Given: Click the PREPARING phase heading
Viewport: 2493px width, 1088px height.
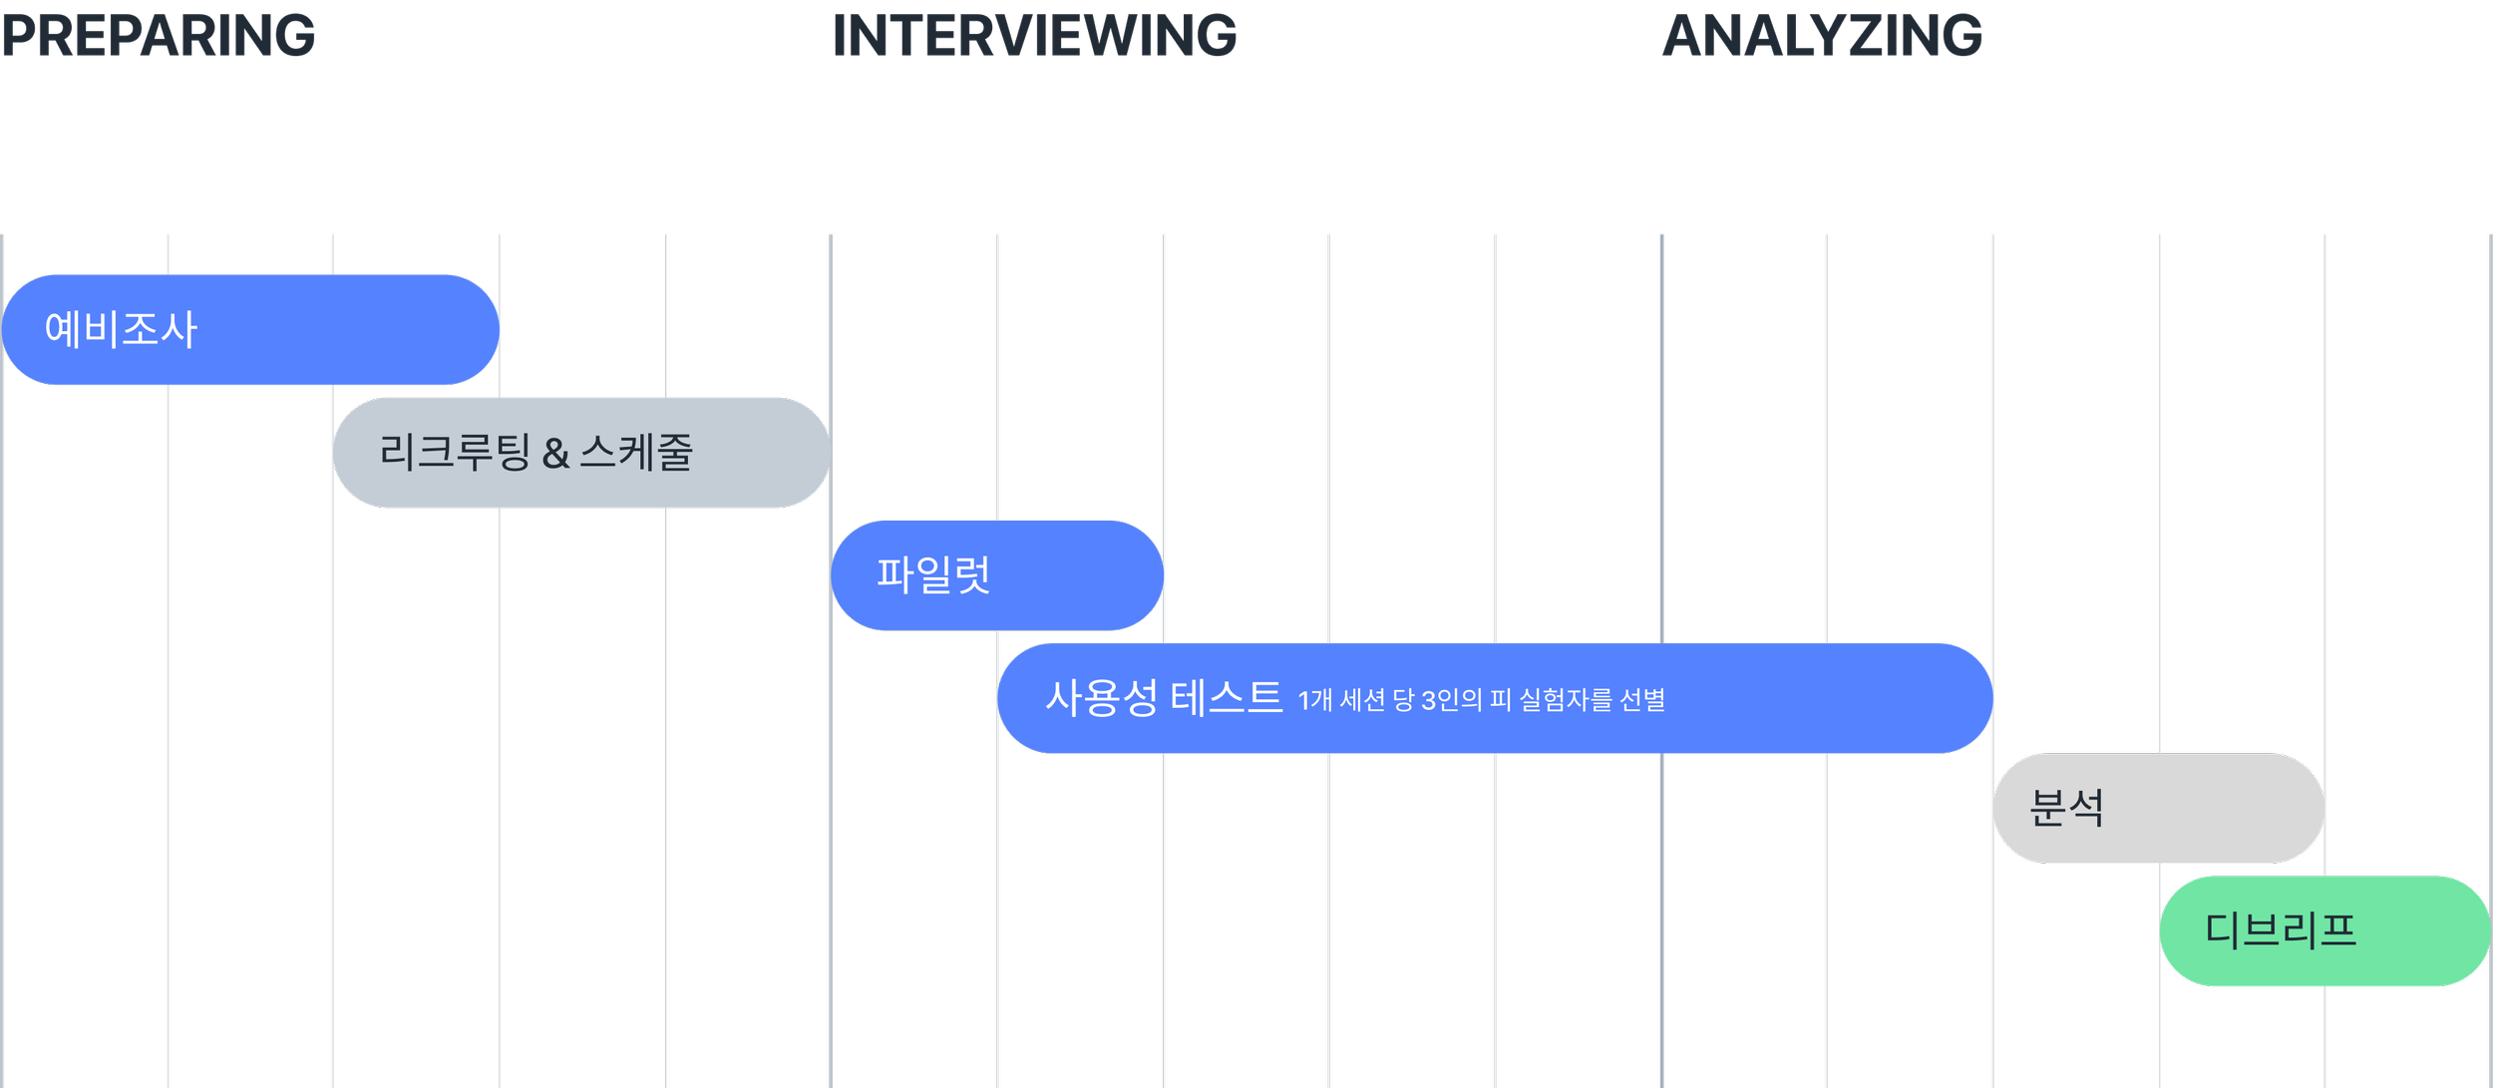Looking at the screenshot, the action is (158, 36).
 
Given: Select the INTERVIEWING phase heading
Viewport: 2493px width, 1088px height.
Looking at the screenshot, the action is (1034, 36).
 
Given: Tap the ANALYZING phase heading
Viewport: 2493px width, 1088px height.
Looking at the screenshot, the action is (1822, 36).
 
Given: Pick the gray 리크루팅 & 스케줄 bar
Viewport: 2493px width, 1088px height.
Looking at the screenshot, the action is (758, 453).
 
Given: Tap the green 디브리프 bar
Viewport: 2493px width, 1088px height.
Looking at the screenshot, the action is (2413, 930).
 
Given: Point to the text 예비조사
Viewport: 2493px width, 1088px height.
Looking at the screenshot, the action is (121, 329).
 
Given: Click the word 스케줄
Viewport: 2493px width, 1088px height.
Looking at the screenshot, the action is (636, 452).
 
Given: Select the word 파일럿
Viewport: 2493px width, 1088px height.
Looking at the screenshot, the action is (932, 575).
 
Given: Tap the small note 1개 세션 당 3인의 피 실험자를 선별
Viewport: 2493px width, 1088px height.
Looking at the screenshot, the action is (1481, 700).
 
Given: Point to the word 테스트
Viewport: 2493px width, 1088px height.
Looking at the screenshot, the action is (1226, 697).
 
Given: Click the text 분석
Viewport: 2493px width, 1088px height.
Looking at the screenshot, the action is (2066, 808).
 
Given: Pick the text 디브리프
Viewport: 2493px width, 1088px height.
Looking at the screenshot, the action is (2281, 930).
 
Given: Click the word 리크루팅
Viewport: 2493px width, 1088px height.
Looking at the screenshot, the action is (455, 452).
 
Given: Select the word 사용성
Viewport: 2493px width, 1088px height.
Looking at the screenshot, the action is (1101, 697).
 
